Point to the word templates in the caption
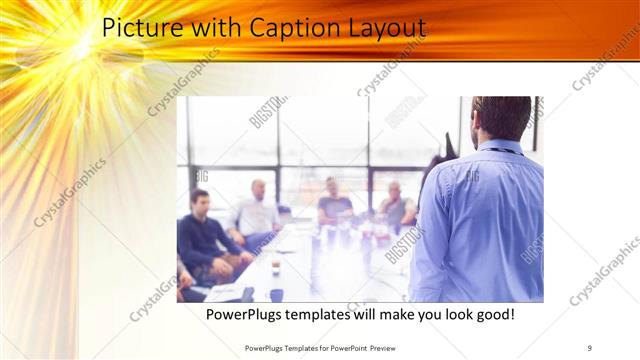click(x=325, y=315)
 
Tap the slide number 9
click(x=589, y=347)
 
